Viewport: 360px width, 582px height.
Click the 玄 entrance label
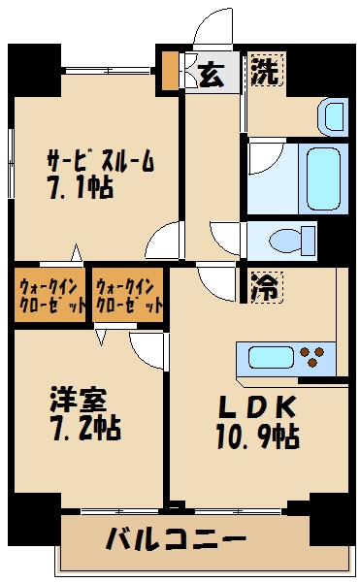coord(213,74)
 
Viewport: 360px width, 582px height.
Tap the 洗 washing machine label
coord(264,70)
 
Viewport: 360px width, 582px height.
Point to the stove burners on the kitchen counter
coord(316,357)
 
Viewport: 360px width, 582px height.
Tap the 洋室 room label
coord(79,399)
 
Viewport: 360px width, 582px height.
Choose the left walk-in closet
coord(50,295)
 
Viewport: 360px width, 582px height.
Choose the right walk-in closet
coord(129,295)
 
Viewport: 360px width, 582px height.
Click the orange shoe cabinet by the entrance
coord(171,70)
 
